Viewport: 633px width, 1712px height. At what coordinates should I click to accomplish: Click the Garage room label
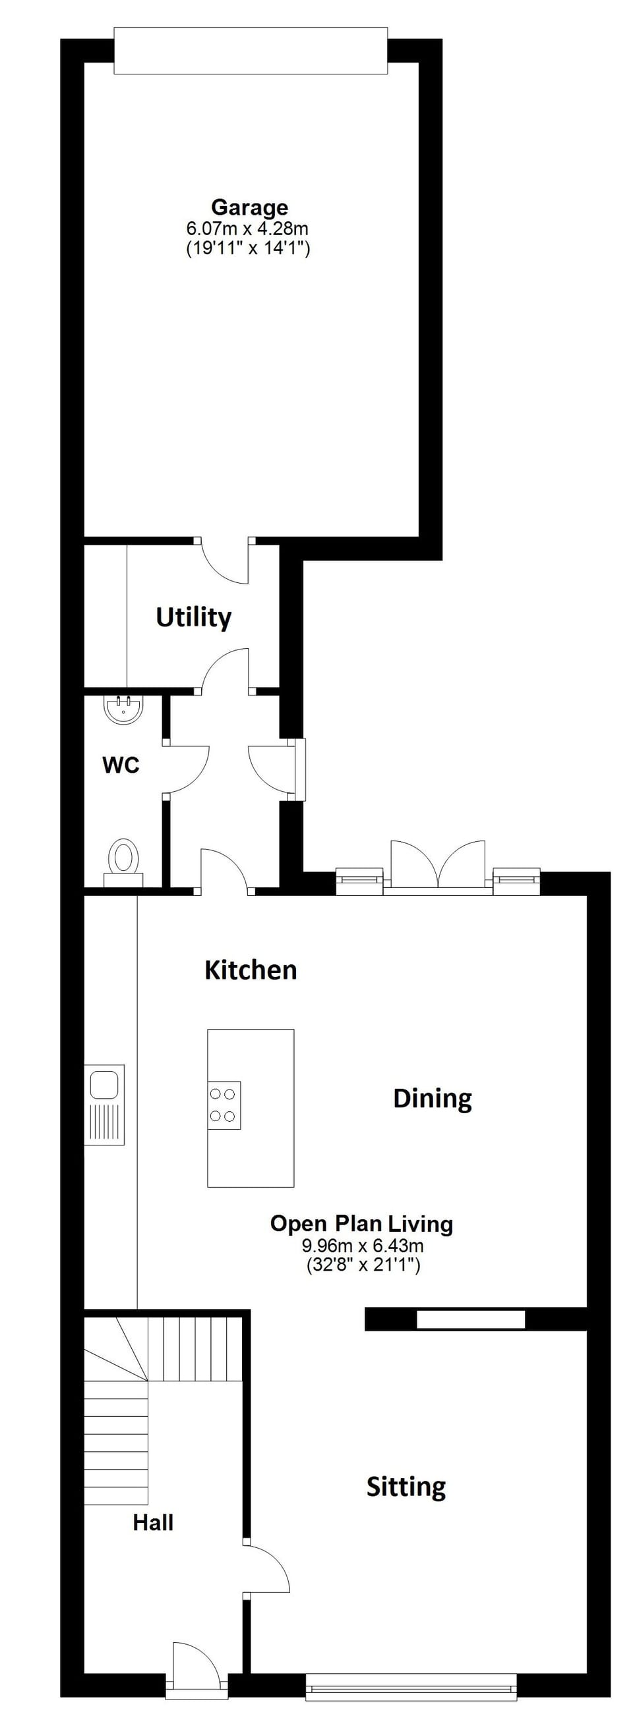(249, 207)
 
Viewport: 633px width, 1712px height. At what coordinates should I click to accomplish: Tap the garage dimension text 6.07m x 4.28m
(247, 229)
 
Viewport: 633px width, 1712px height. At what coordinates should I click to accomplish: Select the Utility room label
(193, 617)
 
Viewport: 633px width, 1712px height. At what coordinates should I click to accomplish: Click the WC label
(121, 765)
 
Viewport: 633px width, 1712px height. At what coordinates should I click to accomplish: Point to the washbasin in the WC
(123, 709)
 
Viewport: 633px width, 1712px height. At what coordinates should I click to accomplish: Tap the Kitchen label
(250, 970)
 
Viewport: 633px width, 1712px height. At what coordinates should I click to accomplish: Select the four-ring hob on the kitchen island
(224, 1105)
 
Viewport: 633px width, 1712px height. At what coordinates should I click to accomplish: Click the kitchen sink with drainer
(104, 1105)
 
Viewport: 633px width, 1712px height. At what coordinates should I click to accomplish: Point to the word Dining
(432, 1098)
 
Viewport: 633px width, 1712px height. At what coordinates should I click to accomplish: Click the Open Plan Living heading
(361, 1223)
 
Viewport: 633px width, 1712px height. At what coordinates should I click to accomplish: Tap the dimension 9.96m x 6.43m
(363, 1246)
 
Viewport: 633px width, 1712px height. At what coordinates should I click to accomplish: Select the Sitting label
(406, 1486)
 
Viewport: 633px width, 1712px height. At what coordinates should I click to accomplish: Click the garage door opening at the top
(250, 51)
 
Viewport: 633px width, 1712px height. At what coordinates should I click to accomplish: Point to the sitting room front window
(411, 1686)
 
